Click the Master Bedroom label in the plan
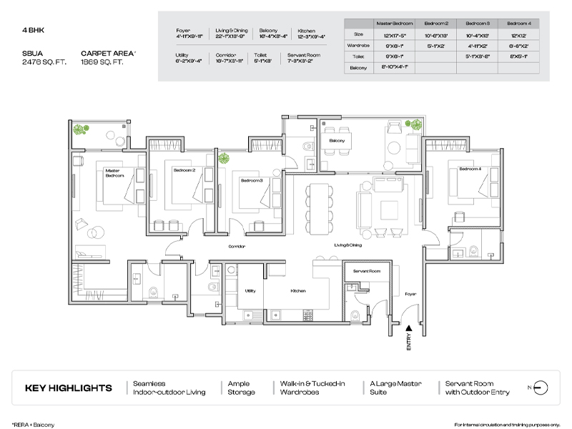tap(114, 173)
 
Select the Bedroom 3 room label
tap(251, 181)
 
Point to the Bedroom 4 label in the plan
tap(470, 169)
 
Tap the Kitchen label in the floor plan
tap(299, 291)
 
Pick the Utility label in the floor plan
tap(250, 291)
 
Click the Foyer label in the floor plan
tap(410, 293)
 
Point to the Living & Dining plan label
tap(349, 245)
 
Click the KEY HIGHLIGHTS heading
tap(69, 389)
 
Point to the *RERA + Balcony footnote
tap(33, 423)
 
